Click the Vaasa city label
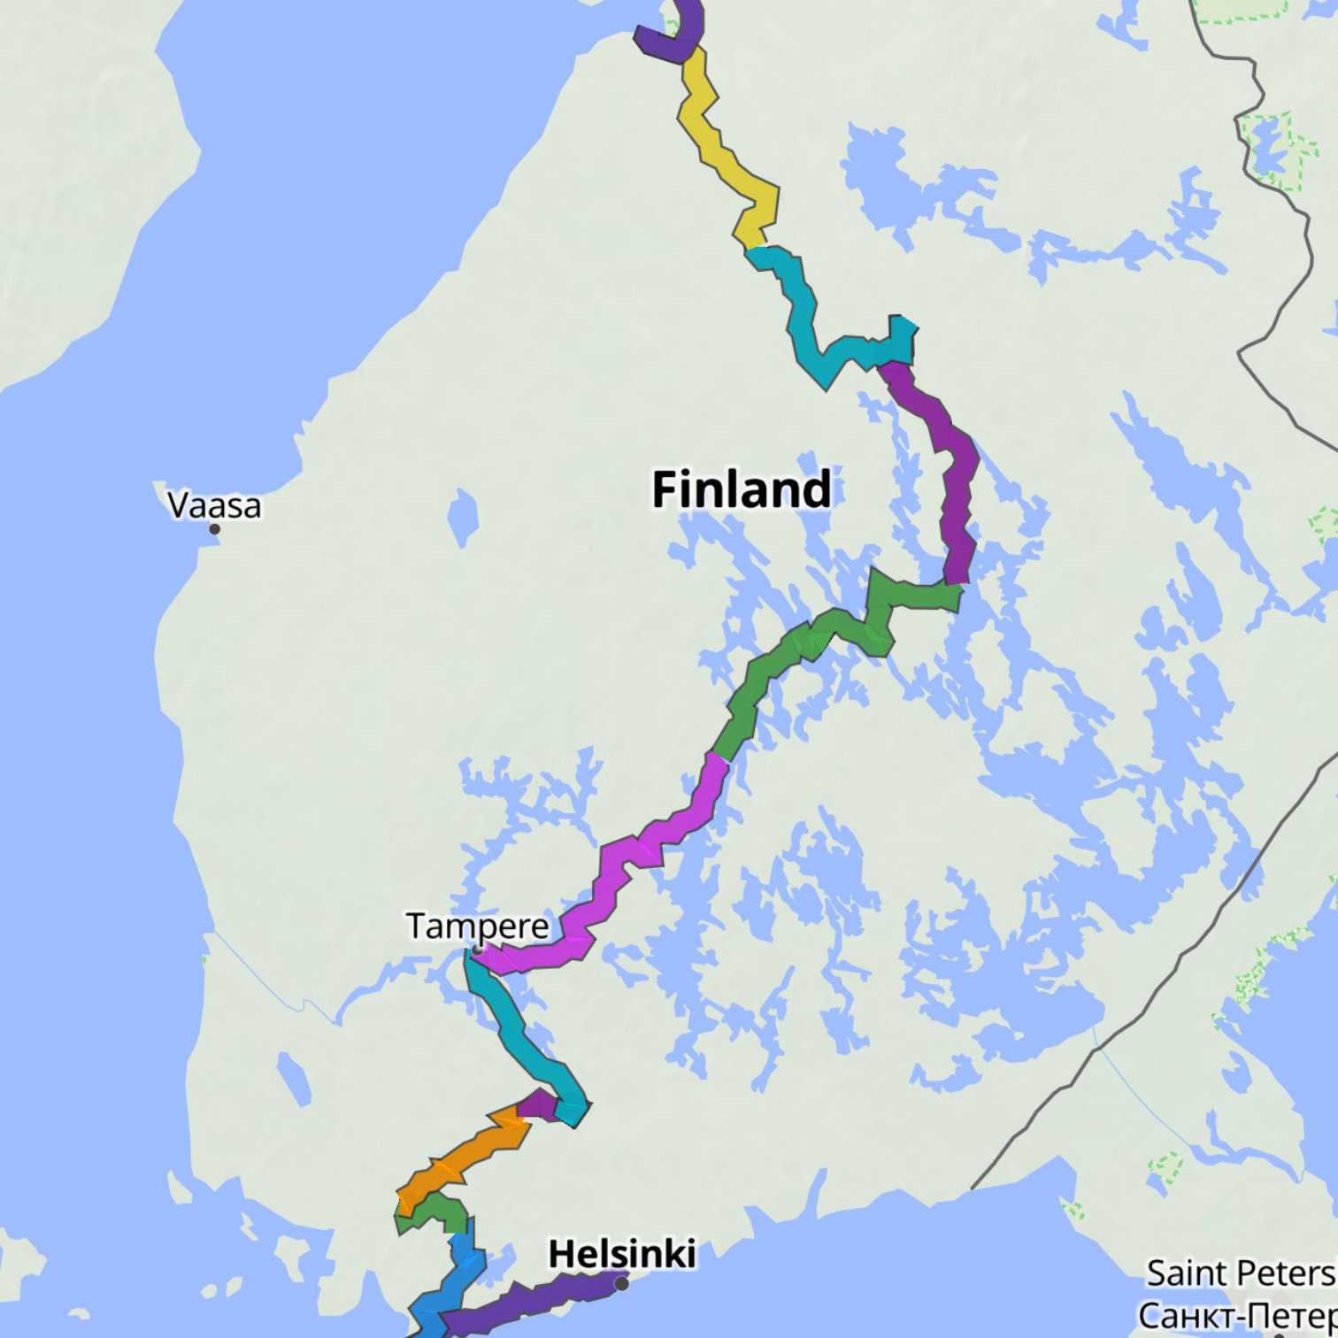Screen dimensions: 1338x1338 214,505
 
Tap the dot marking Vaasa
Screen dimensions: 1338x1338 214,529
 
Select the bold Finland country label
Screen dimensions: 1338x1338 742,489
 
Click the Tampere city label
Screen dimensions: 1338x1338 478,926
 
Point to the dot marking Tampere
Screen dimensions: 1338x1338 478,950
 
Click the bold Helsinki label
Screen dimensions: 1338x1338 621,1254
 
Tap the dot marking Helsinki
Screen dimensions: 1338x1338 622,1283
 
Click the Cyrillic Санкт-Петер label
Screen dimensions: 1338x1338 1237,1315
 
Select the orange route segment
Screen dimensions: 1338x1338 460,1159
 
